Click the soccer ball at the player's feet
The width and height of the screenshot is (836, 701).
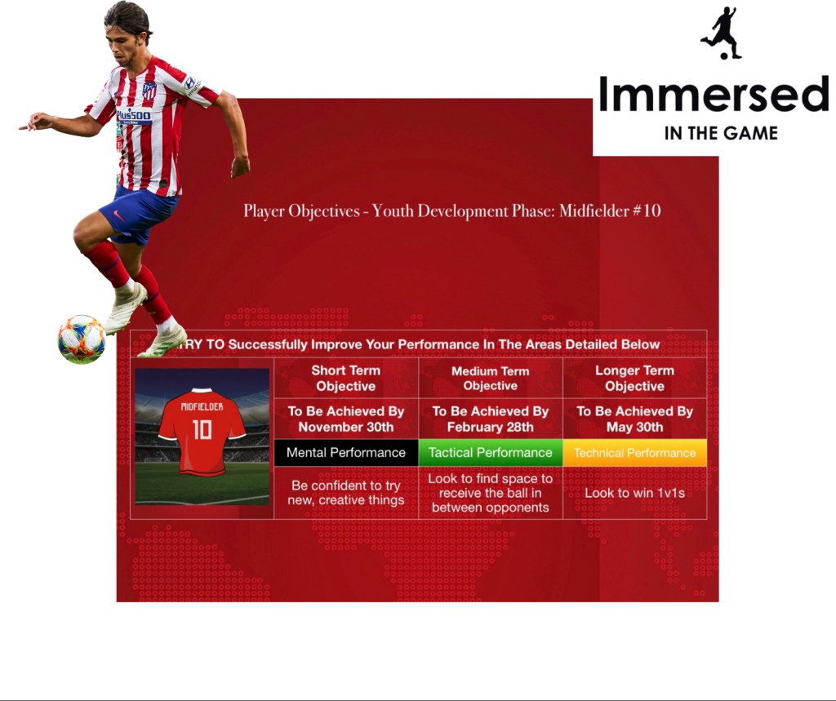coord(82,339)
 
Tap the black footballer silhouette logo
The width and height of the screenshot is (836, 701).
coord(722,33)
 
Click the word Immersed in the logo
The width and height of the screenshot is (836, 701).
coord(714,94)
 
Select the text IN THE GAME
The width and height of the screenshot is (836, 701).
coord(721,133)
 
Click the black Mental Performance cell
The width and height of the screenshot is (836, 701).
coord(346,453)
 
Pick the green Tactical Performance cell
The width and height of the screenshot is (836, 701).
coord(491,453)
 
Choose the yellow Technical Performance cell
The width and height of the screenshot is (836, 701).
coord(635,453)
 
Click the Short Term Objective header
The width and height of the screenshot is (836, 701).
coord(346,378)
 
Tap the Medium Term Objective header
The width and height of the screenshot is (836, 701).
coord(491,378)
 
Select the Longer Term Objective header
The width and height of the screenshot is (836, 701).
coord(635,378)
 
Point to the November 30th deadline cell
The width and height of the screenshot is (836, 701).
coord(346,419)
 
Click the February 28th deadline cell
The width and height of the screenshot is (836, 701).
coord(491,419)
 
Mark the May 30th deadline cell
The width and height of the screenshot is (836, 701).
coord(635,419)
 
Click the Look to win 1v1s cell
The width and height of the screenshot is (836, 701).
coord(635,493)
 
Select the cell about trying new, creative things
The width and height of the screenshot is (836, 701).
coord(346,493)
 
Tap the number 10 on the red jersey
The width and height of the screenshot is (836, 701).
coord(202,429)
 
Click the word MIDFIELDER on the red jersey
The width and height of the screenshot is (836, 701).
coord(202,406)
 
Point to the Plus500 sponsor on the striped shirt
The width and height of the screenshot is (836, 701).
coord(134,115)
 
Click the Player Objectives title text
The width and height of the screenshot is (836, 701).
coord(452,211)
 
